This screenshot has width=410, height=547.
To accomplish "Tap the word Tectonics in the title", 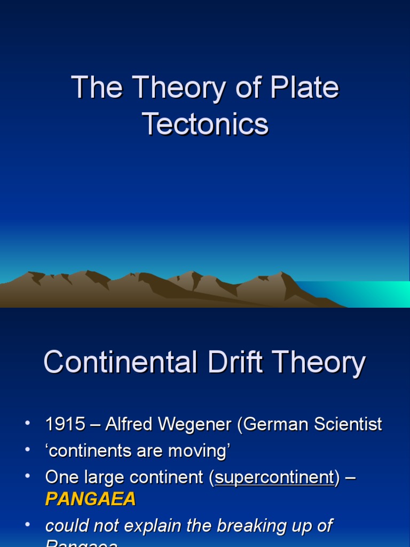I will [205, 124].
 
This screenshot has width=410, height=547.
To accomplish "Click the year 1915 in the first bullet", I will [65, 424].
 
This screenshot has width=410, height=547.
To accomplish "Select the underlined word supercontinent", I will [274, 477].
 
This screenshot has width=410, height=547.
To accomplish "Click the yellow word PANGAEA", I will [91, 499].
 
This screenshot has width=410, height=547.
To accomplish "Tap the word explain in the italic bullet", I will [159, 526].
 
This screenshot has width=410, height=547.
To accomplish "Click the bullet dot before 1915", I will [28, 424].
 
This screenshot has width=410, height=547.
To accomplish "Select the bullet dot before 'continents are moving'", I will [28, 451].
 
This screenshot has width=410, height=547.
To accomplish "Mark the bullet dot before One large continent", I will [28, 476].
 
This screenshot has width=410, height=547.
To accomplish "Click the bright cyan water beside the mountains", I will [374, 294].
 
